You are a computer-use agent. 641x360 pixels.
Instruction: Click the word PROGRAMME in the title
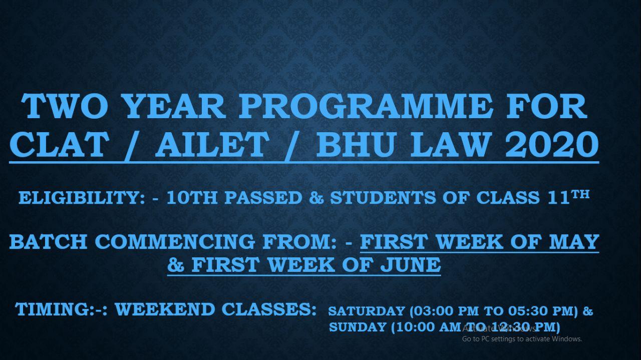tap(366, 106)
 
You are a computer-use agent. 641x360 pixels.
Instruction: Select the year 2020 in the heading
tap(552, 145)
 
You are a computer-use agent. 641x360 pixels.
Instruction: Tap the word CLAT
tap(59, 145)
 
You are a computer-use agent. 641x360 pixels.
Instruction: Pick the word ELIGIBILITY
tap(82, 198)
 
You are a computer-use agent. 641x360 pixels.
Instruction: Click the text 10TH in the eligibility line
tap(192, 198)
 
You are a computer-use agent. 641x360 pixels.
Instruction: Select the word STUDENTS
tap(383, 198)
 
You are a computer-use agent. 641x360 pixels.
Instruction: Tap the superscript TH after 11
tap(580, 195)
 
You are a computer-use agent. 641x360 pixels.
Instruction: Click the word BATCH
tap(49, 242)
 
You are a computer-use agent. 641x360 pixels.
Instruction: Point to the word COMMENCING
tap(175, 242)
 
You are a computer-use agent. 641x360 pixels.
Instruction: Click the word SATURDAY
tap(367, 311)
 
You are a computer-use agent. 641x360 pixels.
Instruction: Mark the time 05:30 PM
tap(536, 311)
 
